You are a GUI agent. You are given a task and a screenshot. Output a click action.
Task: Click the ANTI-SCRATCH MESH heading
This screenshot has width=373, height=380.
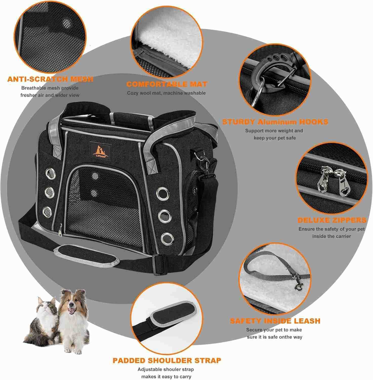[x=50, y=79]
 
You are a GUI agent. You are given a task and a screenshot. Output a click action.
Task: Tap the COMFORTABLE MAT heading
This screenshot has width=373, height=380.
[x=167, y=84]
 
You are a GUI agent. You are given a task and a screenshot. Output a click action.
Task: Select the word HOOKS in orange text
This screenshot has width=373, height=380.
[x=314, y=122]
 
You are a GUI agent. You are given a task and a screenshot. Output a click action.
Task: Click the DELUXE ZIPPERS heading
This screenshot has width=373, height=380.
[x=332, y=220]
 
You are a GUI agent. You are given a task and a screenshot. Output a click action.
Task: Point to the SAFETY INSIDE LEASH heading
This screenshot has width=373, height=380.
[x=275, y=321]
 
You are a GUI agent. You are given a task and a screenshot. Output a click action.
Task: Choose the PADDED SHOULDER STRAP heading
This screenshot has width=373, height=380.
[x=167, y=360]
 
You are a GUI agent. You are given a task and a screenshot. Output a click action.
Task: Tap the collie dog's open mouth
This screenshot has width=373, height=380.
[x=72, y=311]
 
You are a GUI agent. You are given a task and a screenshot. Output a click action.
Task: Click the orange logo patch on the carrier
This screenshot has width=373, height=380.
[x=101, y=151]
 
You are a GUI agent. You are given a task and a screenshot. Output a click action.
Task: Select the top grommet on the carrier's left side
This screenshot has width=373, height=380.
[x=50, y=173]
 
